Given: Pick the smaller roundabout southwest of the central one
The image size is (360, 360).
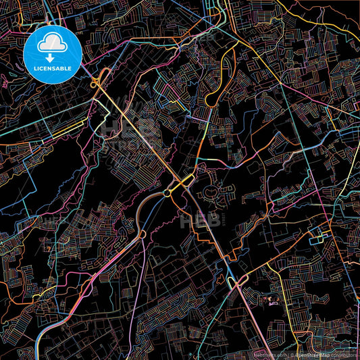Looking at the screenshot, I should click(x=167, y=194).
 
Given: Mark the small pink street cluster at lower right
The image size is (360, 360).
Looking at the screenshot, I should click(x=274, y=299).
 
